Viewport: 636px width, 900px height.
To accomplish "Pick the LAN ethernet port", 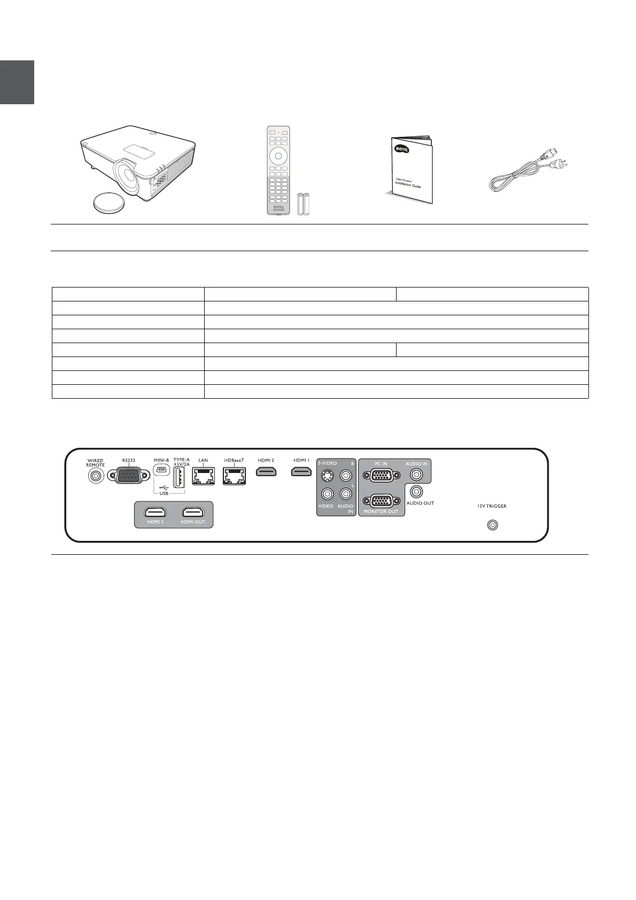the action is [203, 475].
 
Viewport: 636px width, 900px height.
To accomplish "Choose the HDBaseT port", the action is [234, 475].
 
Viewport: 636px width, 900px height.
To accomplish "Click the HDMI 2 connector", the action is [266, 472].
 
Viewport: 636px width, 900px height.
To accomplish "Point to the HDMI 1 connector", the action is [301, 472].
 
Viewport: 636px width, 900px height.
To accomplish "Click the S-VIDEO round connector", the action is [327, 475].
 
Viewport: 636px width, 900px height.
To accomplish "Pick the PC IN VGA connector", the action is [381, 476].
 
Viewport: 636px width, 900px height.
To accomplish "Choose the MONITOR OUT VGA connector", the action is [381, 501].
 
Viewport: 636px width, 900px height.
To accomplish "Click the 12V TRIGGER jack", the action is [492, 525].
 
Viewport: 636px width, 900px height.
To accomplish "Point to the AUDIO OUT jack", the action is [417, 491].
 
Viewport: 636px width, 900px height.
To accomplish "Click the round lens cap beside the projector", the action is [109, 203].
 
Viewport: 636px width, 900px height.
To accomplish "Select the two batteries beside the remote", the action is [303, 204].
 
